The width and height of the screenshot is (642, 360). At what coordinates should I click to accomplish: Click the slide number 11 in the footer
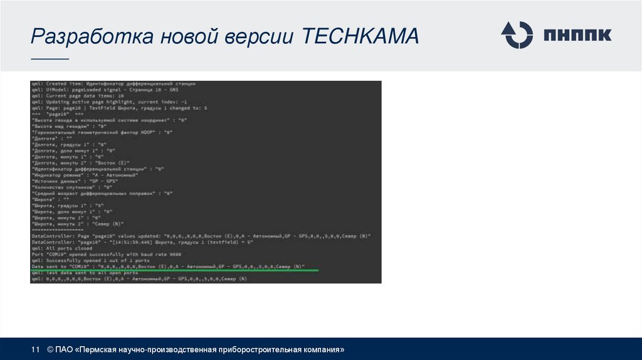[x=36, y=349]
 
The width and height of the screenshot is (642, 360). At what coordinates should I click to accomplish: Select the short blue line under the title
[x=50, y=60]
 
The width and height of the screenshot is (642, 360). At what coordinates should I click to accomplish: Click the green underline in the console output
[x=176, y=270]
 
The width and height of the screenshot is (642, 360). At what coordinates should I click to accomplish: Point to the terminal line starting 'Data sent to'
[x=167, y=267]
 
